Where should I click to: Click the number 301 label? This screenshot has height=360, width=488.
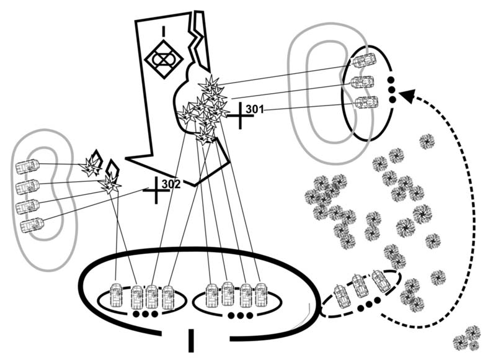click(x=255, y=110)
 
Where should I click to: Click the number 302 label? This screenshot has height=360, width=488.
click(x=171, y=184)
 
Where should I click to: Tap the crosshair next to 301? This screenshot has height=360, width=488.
click(x=237, y=115)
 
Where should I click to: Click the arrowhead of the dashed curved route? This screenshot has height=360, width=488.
click(x=406, y=95)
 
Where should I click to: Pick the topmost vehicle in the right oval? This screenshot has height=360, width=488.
click(x=364, y=61)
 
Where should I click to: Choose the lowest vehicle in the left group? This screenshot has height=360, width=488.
click(x=32, y=224)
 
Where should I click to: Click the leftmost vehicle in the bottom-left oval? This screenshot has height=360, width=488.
click(x=117, y=295)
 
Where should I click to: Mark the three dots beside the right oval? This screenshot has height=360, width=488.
click(x=391, y=90)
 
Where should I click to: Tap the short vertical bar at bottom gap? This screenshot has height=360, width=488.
click(x=190, y=339)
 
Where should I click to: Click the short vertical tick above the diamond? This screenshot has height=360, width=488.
click(x=162, y=30)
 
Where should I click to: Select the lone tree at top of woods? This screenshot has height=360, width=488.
click(x=427, y=142)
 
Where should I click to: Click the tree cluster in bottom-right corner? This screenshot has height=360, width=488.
click(x=467, y=338)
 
